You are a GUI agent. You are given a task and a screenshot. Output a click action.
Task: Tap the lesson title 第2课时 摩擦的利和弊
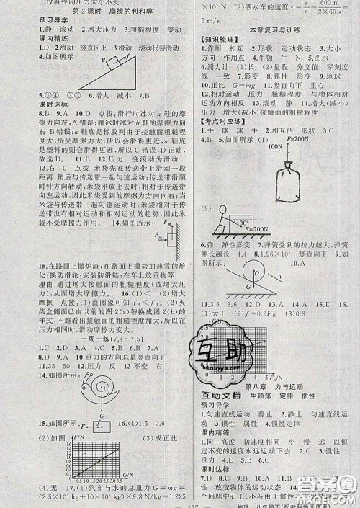tap(88, 13)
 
